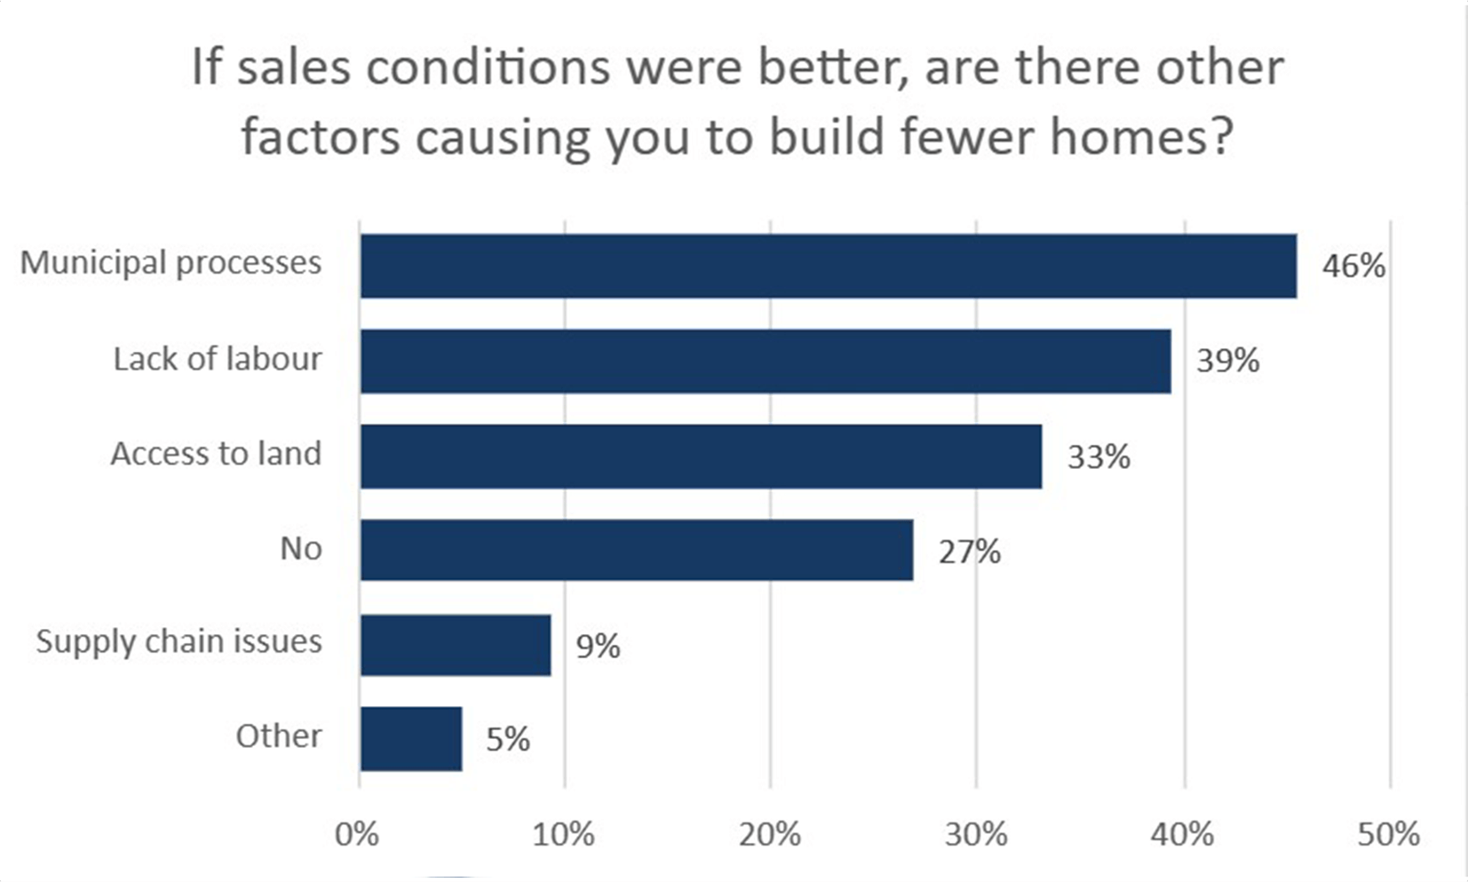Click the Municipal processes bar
[x=828, y=266]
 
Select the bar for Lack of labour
[x=765, y=361]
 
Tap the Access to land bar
[x=701, y=456]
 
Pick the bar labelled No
[x=636, y=550]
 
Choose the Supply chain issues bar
[x=455, y=645]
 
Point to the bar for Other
[x=410, y=739]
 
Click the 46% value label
[x=1353, y=266]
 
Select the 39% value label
[x=1227, y=361]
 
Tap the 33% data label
[x=1099, y=457]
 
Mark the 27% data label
[x=970, y=552]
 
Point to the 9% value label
[x=598, y=646]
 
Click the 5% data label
[x=508, y=739]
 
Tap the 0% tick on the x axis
[x=357, y=834]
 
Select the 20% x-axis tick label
[x=769, y=834]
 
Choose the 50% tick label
[x=1388, y=834]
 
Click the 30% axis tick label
[x=976, y=834]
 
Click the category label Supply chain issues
[x=179, y=641]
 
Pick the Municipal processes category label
[x=171, y=263]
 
